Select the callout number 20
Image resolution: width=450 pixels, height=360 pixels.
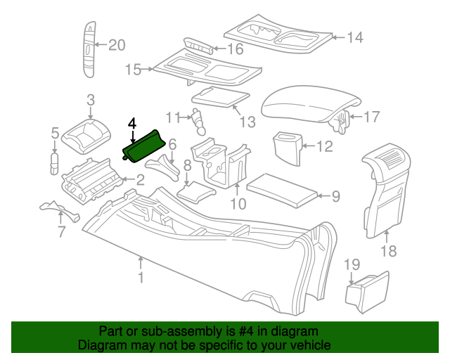[116, 46]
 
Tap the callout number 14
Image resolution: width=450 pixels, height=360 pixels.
[356, 37]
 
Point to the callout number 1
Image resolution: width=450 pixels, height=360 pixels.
[141, 279]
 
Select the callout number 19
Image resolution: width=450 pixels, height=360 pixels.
[352, 264]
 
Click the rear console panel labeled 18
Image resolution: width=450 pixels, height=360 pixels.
[387, 186]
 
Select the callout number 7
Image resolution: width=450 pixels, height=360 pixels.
[60, 231]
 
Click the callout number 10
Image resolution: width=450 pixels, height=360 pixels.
[238, 205]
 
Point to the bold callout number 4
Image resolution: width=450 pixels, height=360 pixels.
[132, 122]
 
